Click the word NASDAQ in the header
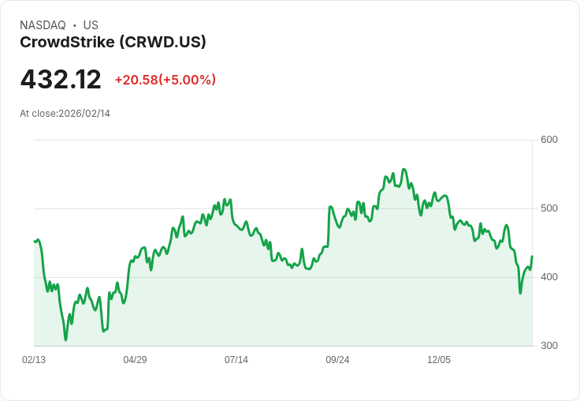43,25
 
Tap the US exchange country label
91,25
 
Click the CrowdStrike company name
67,43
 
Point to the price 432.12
61,80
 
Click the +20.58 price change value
136,80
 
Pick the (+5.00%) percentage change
188,80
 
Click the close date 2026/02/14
84,114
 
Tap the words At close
38,114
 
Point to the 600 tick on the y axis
549,140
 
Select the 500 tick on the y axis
549,208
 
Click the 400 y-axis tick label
549,277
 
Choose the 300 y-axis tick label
549,346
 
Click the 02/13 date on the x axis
34,360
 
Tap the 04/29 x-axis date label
135,360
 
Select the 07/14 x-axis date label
236,360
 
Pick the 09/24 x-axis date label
337,360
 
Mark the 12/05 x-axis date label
439,360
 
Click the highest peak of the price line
404,169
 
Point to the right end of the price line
532,257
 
